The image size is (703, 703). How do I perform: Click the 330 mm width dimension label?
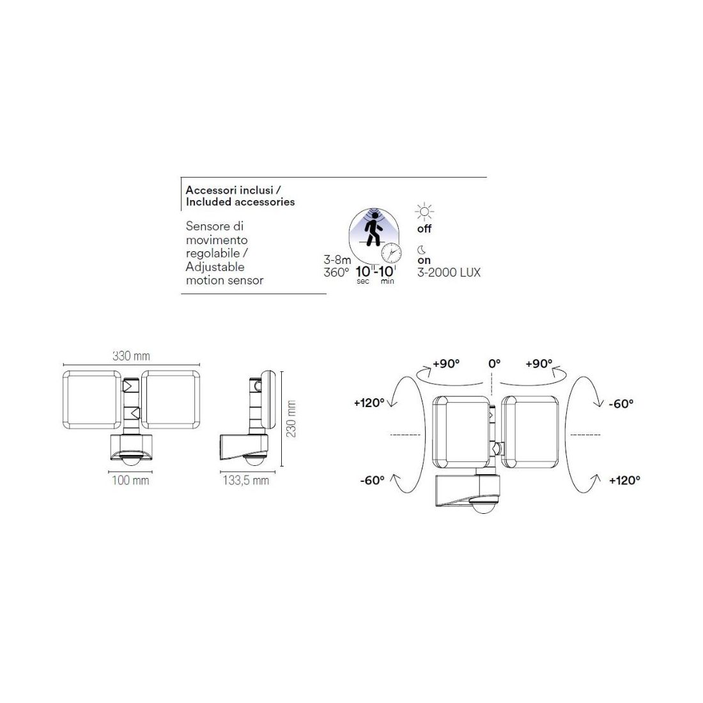point(131,356)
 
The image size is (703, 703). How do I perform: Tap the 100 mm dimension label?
point(130,480)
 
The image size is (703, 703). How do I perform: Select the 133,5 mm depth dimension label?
point(246,481)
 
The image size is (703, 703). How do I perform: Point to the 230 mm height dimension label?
point(291,419)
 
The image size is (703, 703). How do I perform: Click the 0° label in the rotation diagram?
point(494,364)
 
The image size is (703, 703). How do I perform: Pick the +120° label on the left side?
point(369,403)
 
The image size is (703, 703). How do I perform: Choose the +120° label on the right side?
point(624,480)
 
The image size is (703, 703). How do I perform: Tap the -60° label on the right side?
point(621,403)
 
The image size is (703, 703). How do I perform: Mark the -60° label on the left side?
point(372,480)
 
